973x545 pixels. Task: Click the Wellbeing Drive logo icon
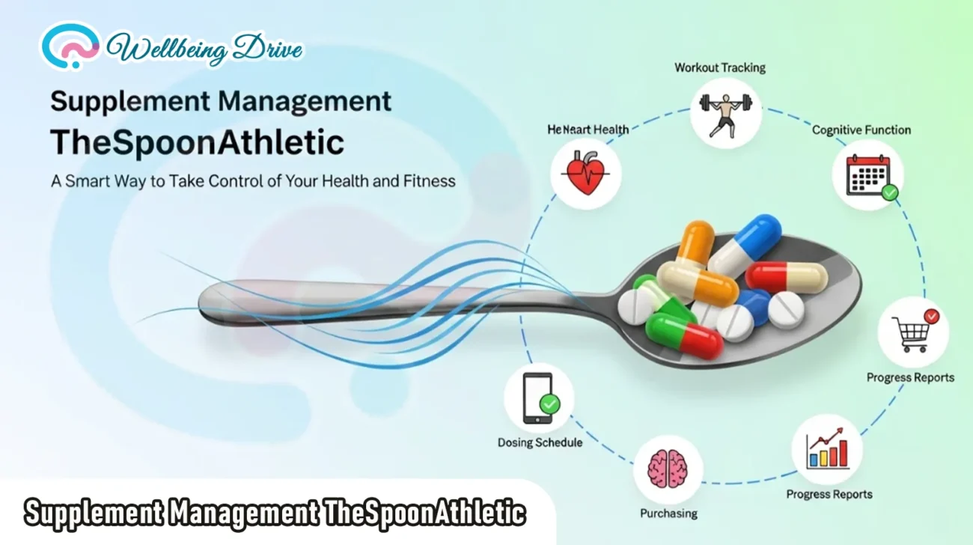coord(69,46)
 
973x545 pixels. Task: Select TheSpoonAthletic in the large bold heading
coord(197,142)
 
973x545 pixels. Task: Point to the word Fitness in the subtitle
coord(428,180)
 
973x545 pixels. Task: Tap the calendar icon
coord(867,175)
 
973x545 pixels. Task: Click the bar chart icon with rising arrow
coord(827,449)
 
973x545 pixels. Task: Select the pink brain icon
coord(668,469)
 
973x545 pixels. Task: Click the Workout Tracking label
coord(720,68)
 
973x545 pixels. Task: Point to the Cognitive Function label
coord(861,130)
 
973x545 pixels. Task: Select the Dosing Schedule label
coord(540,442)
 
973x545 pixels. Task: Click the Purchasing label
coord(668,514)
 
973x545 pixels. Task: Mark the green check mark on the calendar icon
coord(889,192)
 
